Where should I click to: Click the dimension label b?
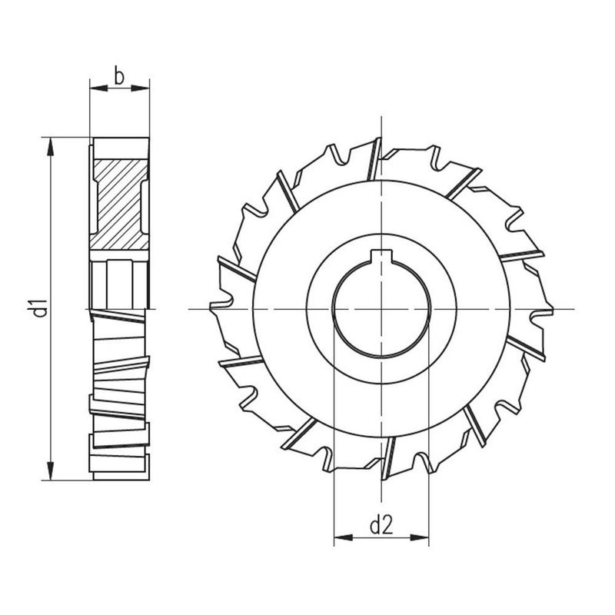119,75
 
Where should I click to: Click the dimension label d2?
381,526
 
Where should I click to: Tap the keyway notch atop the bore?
381,256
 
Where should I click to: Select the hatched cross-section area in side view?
119,204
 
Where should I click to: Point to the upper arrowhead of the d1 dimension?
50,147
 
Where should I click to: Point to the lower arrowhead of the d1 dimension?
50,470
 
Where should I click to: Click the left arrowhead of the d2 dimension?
343,537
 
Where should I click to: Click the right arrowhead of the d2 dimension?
419,537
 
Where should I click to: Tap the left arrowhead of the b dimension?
99,88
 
